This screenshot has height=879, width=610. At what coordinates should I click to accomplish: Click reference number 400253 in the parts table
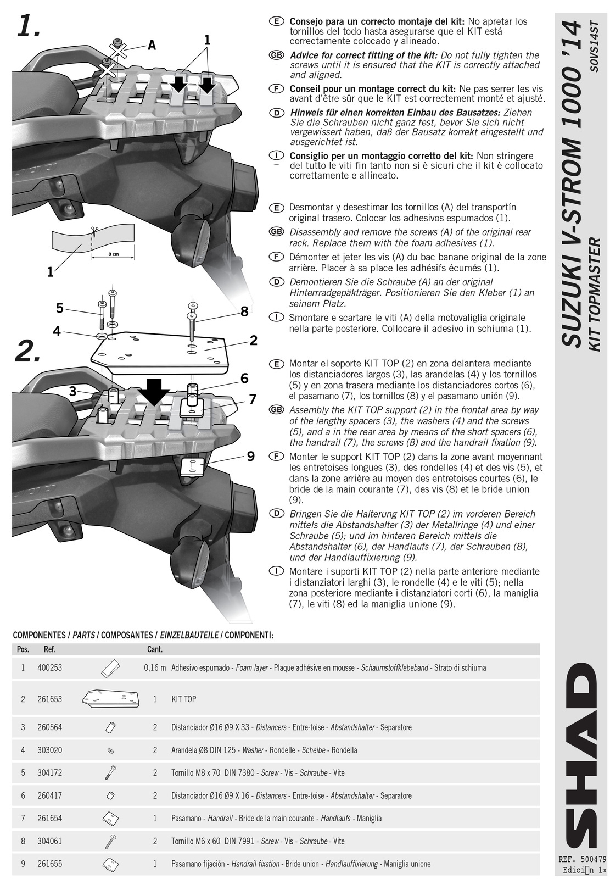(x=49, y=668)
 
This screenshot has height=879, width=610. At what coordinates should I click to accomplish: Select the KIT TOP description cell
(x=183, y=699)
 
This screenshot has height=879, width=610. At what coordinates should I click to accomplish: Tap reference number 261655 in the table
(x=49, y=864)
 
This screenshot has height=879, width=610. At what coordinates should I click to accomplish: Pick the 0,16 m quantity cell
(x=155, y=668)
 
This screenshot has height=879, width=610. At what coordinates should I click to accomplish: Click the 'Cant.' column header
(x=155, y=649)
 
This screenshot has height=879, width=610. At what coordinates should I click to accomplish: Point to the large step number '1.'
(x=29, y=26)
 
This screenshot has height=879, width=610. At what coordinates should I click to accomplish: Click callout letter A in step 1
(x=152, y=45)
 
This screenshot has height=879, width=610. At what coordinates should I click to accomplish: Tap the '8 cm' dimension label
(x=114, y=254)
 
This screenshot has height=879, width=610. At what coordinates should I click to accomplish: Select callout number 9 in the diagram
(x=251, y=457)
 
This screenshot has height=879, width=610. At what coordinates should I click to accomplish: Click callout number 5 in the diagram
(x=60, y=308)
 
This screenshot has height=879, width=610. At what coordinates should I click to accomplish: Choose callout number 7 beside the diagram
(x=253, y=399)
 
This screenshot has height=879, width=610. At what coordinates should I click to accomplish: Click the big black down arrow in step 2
(x=153, y=391)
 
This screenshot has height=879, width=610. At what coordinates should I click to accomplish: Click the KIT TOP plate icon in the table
(x=110, y=699)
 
